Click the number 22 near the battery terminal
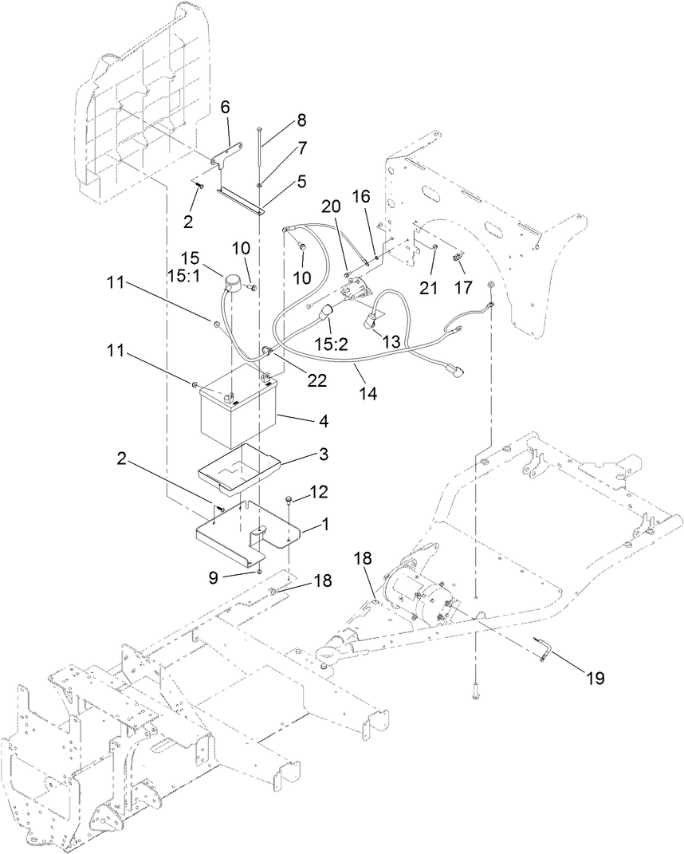(317, 381)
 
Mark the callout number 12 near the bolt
(318, 492)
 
